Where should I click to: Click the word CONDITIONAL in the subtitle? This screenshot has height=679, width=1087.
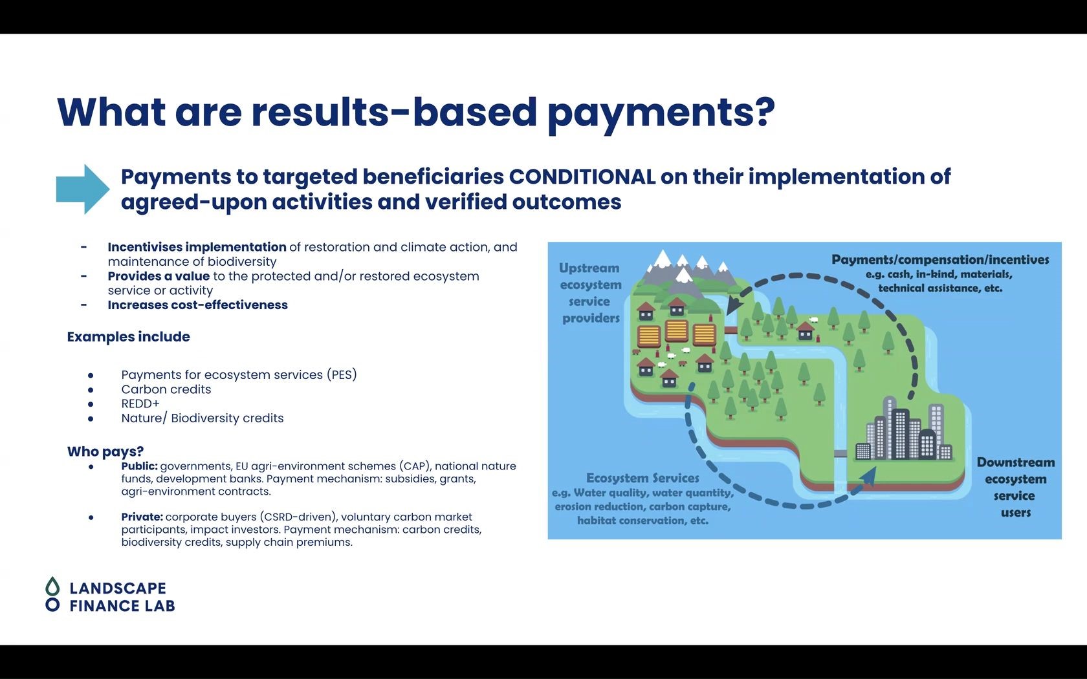[582, 177]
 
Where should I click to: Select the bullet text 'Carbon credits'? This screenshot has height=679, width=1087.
[166, 389]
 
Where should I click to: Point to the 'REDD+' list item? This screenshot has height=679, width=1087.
[140, 404]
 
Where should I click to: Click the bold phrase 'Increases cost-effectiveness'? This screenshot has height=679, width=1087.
[197, 305]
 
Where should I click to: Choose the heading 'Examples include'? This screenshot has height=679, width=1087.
[129, 336]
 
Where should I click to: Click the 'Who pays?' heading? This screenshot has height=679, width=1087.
[105, 451]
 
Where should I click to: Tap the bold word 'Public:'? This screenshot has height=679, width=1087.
[139, 466]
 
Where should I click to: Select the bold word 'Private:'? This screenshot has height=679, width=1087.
[142, 517]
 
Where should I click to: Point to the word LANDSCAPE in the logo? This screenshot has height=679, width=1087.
[118, 588]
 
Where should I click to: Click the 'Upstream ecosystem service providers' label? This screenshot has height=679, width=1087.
[591, 293]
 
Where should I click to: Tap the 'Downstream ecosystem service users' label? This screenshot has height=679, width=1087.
[1016, 488]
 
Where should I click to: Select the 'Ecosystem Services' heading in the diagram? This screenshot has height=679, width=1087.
[642, 479]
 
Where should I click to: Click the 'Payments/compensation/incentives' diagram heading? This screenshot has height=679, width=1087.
[940, 260]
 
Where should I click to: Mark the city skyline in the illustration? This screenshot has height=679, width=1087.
[903, 429]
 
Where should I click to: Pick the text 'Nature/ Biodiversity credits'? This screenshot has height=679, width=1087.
[203, 418]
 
